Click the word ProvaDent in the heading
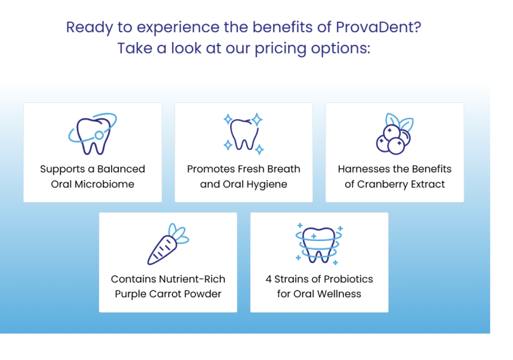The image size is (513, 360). [x=375, y=27]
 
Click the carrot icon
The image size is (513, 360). [x=168, y=244]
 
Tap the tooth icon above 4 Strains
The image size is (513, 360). [x=319, y=244]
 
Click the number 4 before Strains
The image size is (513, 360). [x=269, y=279]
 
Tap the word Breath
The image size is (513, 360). [x=284, y=169]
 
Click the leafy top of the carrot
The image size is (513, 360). [x=179, y=234]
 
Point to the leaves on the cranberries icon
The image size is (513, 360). [x=399, y=122]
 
